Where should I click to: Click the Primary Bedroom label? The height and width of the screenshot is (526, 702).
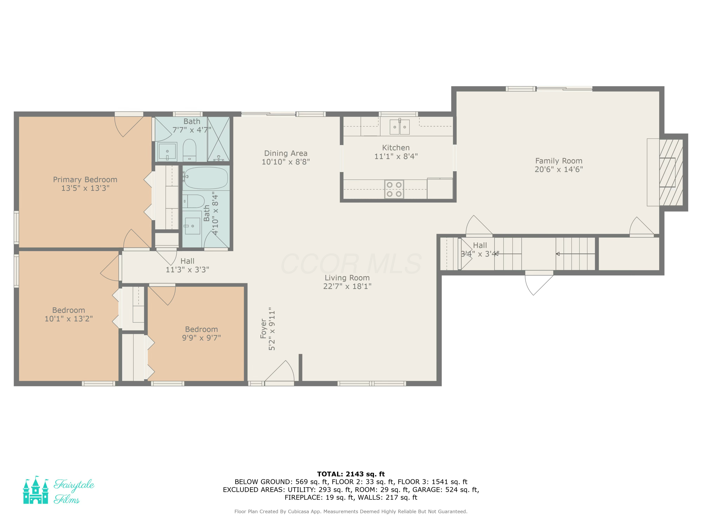85,180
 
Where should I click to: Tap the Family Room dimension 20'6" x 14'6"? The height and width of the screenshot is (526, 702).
559,169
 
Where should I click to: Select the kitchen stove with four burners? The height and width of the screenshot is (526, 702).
394,189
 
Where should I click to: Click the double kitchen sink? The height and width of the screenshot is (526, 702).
400,126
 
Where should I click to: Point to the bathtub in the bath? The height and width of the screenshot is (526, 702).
206,178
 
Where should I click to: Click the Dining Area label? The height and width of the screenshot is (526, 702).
286,153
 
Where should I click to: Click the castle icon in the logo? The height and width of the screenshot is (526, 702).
36,490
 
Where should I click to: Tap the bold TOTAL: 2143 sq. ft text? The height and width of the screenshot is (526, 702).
351,474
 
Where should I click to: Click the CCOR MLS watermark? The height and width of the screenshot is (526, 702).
351,264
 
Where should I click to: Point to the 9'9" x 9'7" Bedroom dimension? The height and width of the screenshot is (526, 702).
201,338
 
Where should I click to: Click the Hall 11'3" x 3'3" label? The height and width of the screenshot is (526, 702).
187,265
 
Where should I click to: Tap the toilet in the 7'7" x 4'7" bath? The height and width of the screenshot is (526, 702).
190,150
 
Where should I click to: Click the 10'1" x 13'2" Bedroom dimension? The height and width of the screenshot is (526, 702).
69,319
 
